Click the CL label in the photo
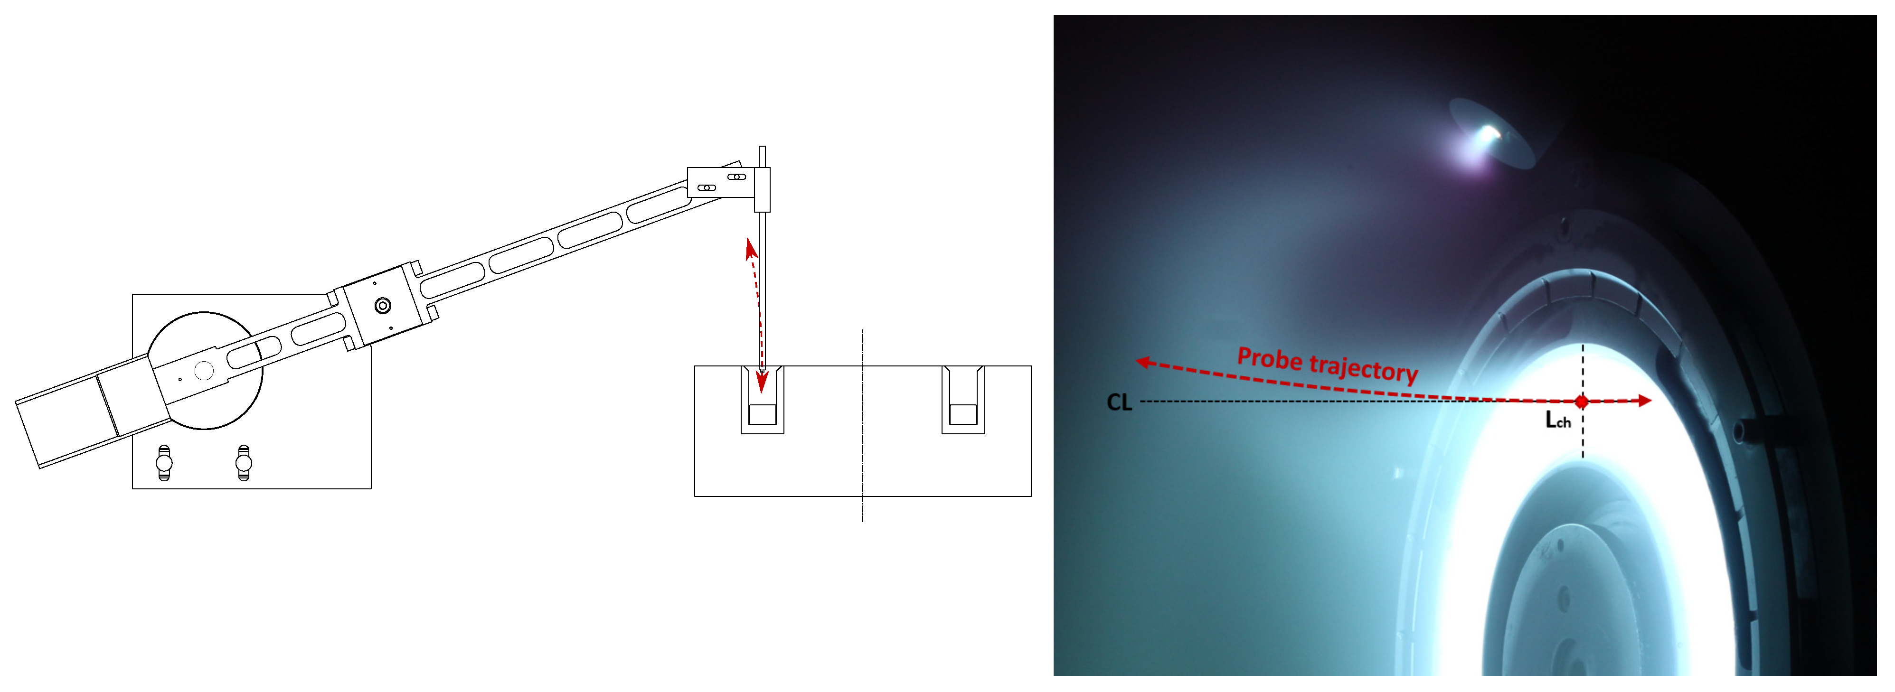tap(1119, 402)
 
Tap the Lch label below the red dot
tap(1558, 420)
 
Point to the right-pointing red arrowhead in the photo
tap(1644, 401)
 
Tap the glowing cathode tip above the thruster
tap(1489, 134)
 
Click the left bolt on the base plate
tap(164, 463)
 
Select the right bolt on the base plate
tap(244, 463)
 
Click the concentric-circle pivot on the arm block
tap(383, 305)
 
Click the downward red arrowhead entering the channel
tap(762, 382)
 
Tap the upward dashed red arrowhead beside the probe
tap(750, 249)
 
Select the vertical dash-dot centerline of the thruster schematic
tap(863, 427)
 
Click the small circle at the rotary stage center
tap(204, 371)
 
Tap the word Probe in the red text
tap(1270, 358)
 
